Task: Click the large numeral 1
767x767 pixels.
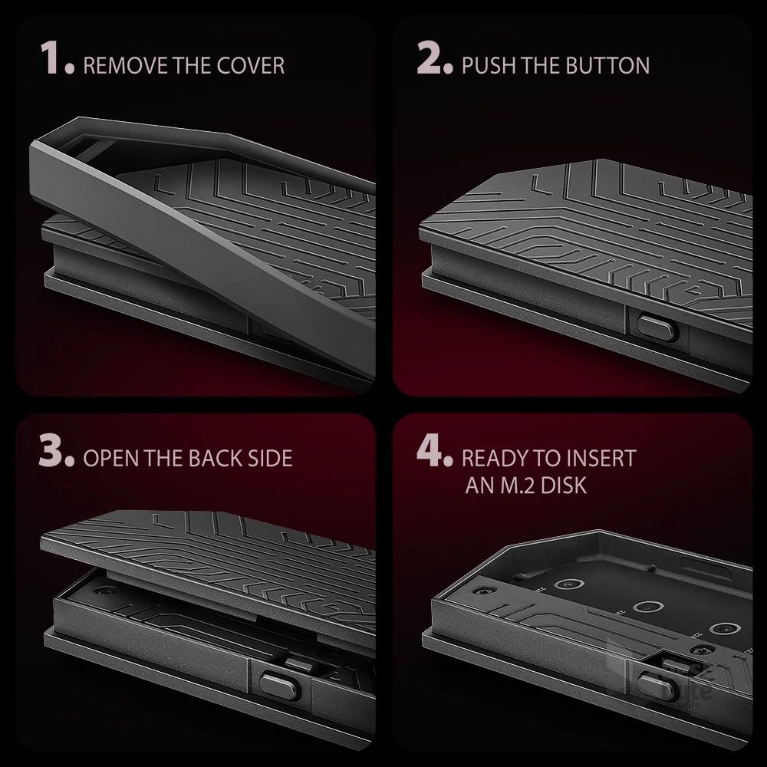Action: [x=52, y=59]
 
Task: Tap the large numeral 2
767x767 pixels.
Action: [x=429, y=58]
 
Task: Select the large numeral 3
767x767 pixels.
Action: [x=51, y=450]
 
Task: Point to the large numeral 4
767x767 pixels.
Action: [x=430, y=450]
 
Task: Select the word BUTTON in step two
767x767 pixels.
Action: [x=608, y=65]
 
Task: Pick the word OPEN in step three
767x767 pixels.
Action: [x=110, y=459]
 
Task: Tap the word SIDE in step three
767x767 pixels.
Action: [x=270, y=459]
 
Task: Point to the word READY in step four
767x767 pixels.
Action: [x=493, y=459]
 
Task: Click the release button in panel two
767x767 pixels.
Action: [x=657, y=328]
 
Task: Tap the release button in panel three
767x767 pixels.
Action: [x=279, y=684]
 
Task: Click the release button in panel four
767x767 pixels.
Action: [x=657, y=686]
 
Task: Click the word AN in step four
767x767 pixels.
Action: [x=476, y=486]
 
